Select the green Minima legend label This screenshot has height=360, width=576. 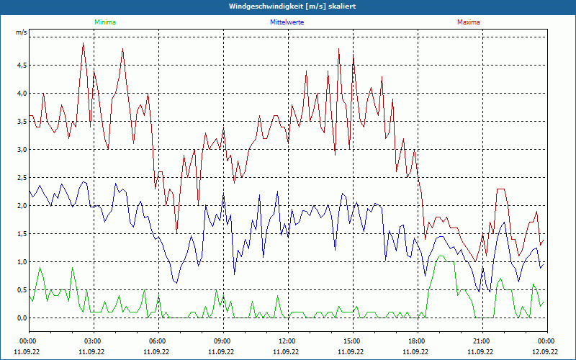coord(104,22)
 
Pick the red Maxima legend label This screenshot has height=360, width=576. coord(468,22)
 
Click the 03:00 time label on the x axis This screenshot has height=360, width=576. coord(93,341)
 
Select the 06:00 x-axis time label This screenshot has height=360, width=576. coord(158,341)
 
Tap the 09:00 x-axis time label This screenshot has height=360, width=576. coord(222,341)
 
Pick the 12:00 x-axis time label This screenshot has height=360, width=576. coord(287,341)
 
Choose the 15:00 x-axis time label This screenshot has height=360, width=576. coord(352,341)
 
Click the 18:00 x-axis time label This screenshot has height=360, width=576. coord(417,341)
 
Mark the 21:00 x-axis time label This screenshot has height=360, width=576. coord(482,341)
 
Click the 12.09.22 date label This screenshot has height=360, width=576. coord(546,352)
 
